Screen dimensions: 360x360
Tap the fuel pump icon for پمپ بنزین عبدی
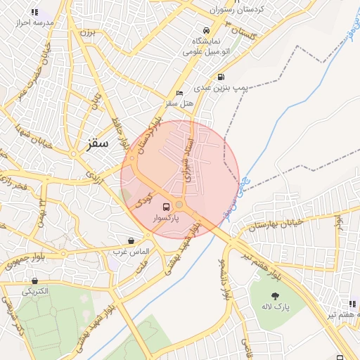pyautogui.click(x=221, y=77)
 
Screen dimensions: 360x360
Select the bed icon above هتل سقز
pyautogui.click(x=180, y=94)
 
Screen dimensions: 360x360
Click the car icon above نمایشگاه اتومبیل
pyautogui.click(x=205, y=31)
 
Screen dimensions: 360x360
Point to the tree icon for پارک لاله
pyautogui.click(x=274, y=296)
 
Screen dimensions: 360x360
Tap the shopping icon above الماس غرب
pyautogui.click(x=131, y=240)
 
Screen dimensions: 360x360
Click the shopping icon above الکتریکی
pyautogui.click(x=34, y=281)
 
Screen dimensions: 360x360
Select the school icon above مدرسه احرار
pyautogui.click(x=34, y=12)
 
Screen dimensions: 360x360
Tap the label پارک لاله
pyautogui.click(x=276, y=307)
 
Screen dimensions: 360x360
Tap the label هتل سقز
pyautogui.click(x=179, y=103)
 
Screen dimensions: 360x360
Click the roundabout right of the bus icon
pyautogui.click(x=180, y=205)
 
